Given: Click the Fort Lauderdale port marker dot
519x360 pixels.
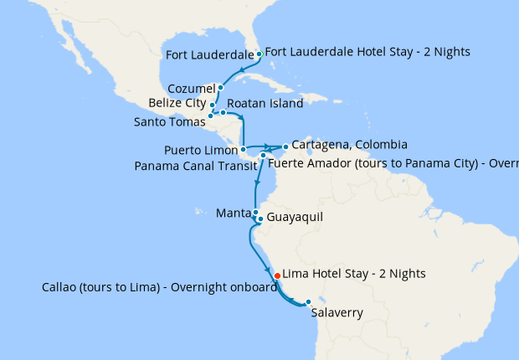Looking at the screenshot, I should click(259, 54).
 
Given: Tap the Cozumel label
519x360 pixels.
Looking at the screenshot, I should click(191, 88).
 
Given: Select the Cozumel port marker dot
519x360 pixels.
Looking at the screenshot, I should click(220, 87).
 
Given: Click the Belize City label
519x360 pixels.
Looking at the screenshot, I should click(177, 103).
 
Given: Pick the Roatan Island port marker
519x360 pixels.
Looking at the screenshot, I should click(223, 111).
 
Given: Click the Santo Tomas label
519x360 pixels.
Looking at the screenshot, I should click(168, 121).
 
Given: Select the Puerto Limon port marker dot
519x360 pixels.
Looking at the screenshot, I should click(243, 151).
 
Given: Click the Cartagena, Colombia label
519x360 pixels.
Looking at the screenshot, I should click(349, 144).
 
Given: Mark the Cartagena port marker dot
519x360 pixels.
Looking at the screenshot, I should click(285, 147).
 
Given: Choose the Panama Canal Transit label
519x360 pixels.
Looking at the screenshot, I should click(196, 165).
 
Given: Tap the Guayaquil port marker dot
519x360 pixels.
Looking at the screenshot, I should click(260, 219).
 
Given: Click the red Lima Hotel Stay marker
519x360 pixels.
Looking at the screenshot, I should click(277, 274).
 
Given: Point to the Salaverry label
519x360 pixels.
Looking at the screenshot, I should click(337, 314).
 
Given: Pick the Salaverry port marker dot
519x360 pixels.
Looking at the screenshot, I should click(308, 301).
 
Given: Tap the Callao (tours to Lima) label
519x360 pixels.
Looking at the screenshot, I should click(159, 287).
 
